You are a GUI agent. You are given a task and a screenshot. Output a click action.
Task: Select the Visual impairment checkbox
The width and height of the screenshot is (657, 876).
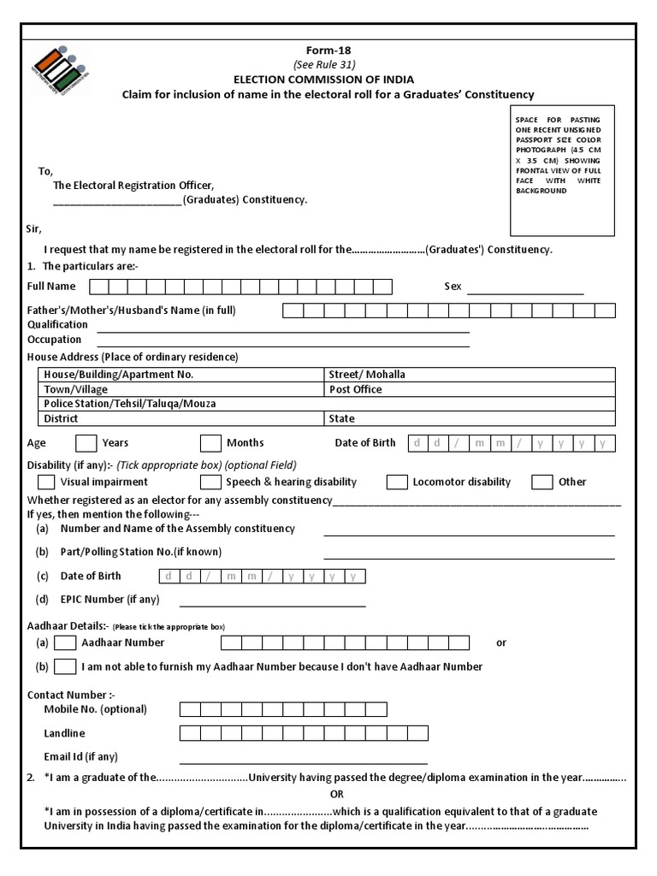pos(47,482)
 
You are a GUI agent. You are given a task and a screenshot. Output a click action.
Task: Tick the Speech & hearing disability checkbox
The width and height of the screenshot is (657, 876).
pos(210,482)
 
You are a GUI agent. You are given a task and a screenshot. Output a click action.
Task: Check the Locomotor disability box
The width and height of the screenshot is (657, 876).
pos(397,482)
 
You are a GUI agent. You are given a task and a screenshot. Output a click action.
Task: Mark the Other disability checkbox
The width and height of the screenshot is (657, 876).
pos(542,482)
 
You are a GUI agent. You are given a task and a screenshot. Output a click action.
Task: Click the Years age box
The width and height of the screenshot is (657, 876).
pos(86,443)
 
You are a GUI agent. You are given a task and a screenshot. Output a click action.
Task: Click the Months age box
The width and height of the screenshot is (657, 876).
pos(210,443)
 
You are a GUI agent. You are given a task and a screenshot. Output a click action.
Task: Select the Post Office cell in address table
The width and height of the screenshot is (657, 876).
pos(469,389)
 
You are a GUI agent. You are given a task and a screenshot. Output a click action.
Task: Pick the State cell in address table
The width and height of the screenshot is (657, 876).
pos(469,418)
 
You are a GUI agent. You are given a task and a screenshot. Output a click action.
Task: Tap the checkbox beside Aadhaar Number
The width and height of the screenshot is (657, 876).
pos(65,642)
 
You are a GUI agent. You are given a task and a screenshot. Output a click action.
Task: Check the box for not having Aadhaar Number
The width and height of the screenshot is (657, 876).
pos(65,666)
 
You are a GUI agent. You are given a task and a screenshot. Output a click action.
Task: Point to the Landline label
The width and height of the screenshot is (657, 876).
pos(64,733)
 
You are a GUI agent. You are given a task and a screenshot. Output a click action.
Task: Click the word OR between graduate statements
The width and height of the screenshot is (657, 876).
pos(336,795)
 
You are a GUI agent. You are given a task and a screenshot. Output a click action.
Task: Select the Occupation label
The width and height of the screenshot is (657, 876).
pos(54,340)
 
